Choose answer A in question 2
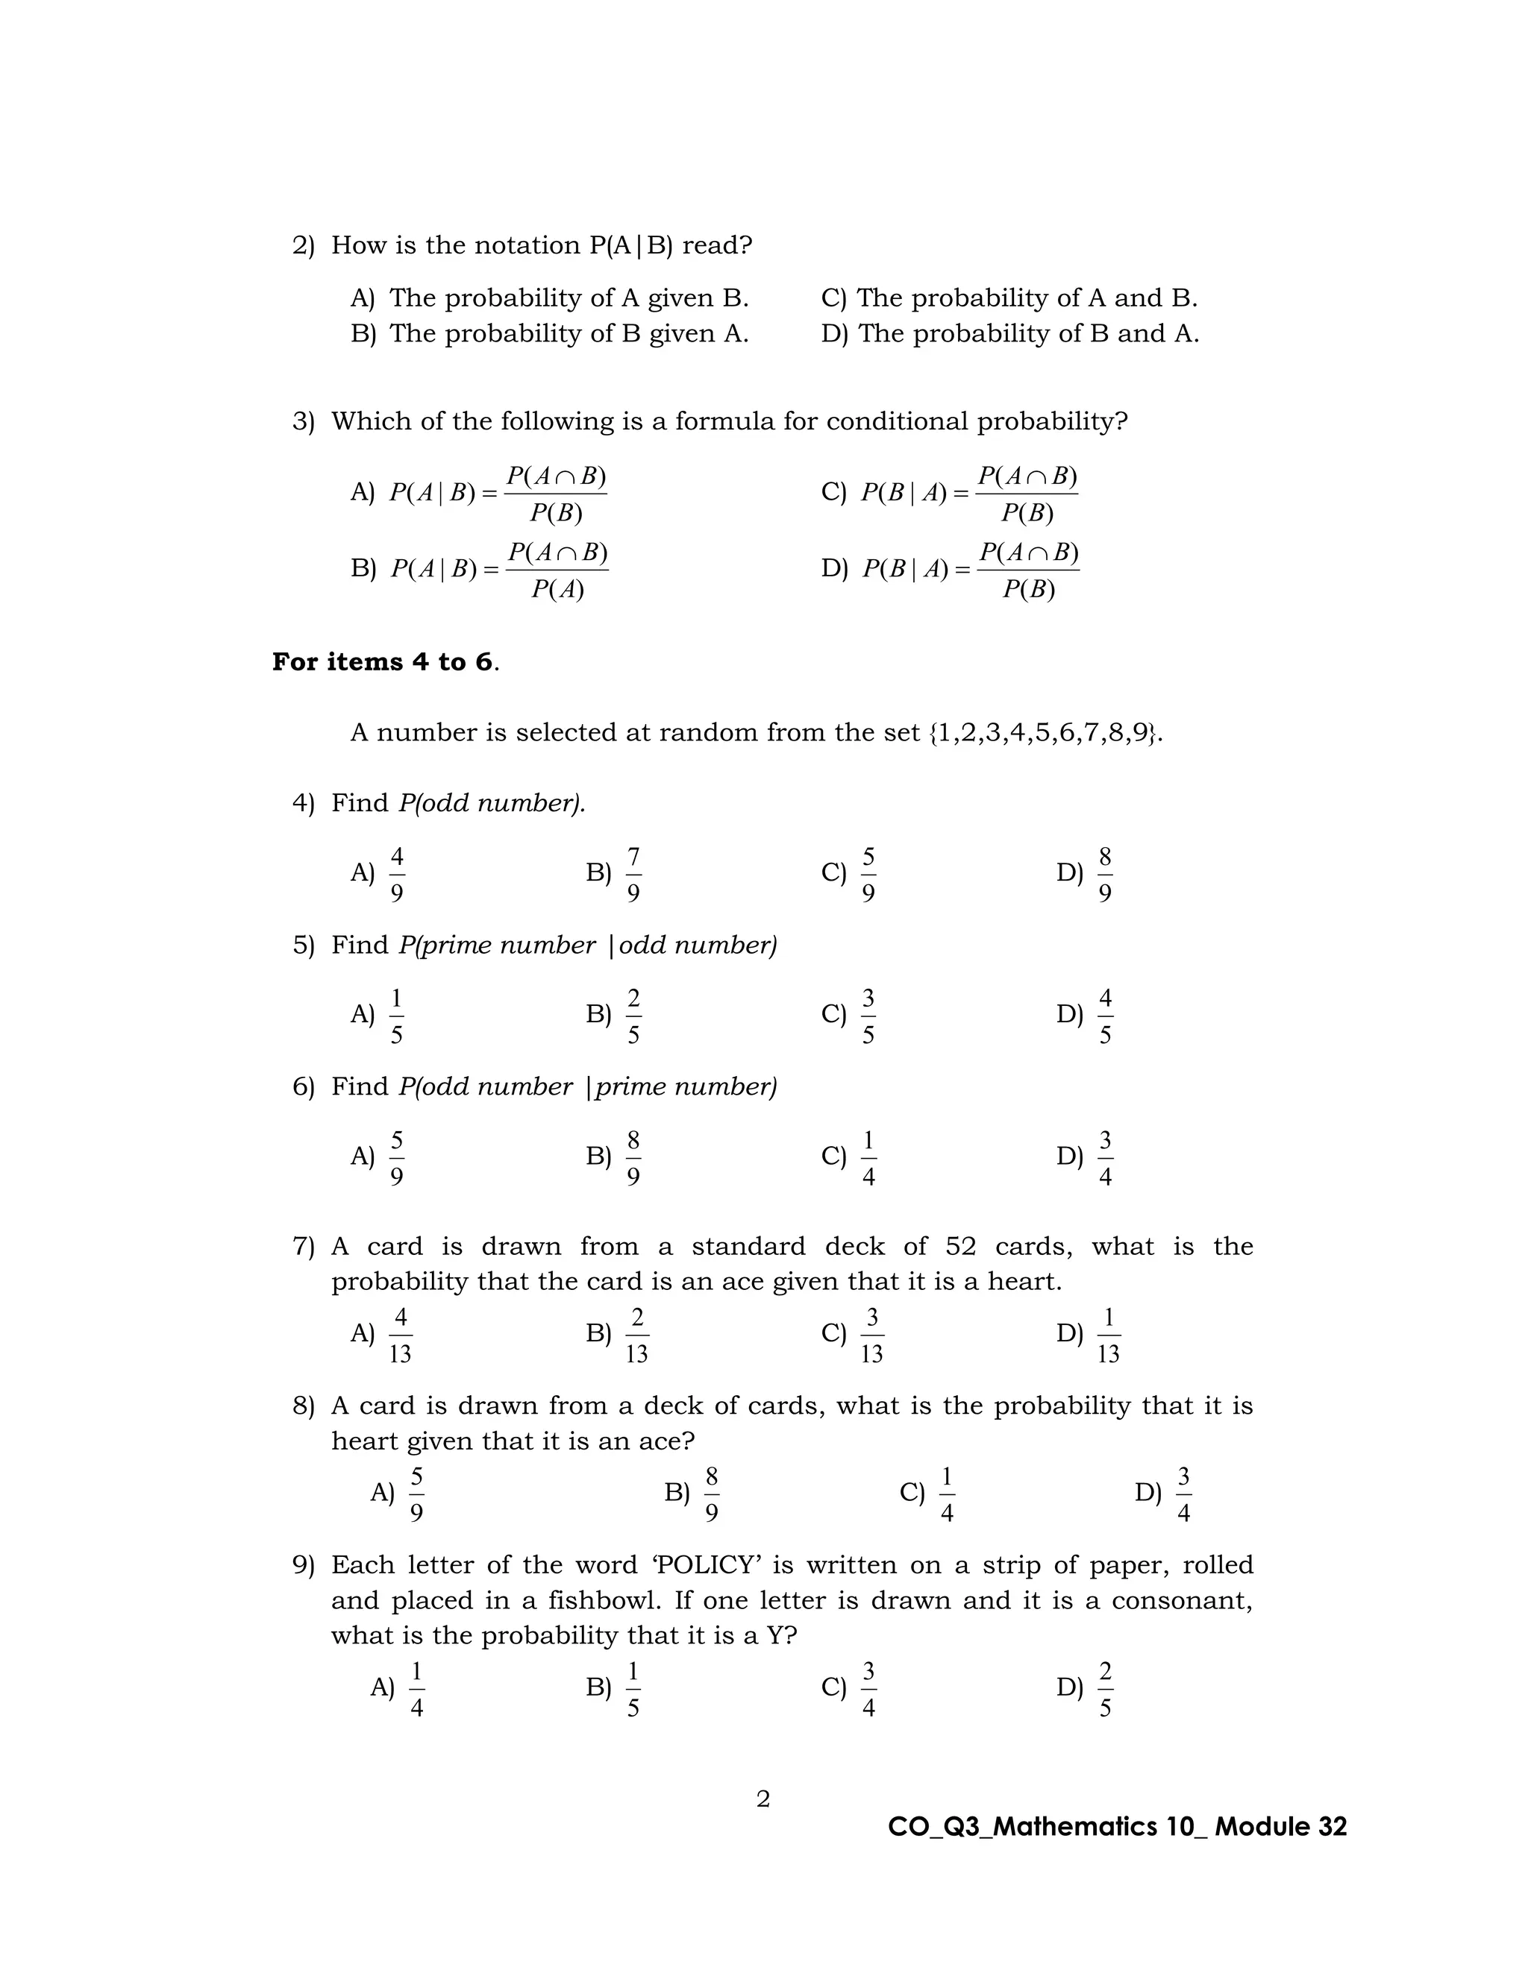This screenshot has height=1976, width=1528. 548,298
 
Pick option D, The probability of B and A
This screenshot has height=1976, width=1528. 1009,334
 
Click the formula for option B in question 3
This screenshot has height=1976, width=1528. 499,569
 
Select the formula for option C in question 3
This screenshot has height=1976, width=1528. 968,493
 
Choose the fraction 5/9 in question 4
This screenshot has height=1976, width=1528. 868,873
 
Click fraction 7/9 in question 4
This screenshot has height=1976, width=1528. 633,873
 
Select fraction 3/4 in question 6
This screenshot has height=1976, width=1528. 1104,1157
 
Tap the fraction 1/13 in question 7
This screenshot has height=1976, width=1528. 1108,1335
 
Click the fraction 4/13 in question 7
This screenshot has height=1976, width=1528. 400,1335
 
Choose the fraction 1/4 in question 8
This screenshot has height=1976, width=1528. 946,1494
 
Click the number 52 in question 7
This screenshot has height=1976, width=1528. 960,1247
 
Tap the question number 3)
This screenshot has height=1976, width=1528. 302,421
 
